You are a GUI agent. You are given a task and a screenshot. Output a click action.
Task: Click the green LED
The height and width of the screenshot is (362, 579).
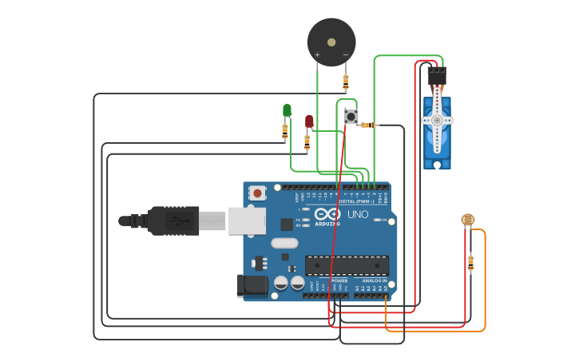point(287,110)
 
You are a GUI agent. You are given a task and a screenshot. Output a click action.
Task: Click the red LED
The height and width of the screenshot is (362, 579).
point(309,121)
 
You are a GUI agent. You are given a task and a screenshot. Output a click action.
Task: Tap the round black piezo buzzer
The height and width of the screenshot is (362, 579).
point(331,42)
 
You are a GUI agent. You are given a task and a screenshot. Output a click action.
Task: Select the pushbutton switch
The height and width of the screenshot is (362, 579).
point(351,117)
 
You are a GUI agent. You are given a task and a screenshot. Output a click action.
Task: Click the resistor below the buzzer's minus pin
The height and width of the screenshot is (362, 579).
point(345,81)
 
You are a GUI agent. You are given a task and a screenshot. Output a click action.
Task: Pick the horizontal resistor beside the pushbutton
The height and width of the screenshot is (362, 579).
point(367,125)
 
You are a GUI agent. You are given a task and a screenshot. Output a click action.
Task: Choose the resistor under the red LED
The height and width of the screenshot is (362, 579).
point(307,142)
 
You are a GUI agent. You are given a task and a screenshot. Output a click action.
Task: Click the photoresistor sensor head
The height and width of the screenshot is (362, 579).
point(467,219)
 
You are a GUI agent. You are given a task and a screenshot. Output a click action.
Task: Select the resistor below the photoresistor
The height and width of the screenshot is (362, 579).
point(470,261)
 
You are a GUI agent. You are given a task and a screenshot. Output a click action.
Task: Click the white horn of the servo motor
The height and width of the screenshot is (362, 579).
point(437,118)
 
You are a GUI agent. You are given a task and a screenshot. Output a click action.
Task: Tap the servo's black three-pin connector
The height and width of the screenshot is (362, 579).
point(436,77)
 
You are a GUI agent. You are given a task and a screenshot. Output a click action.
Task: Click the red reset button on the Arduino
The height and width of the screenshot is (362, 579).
point(257,193)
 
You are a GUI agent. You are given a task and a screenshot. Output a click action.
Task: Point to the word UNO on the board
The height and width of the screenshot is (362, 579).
point(358,214)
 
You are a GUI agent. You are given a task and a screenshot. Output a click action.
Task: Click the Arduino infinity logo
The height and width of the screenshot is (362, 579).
point(327,214)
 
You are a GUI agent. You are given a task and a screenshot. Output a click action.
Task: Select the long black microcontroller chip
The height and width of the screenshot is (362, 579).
point(347,265)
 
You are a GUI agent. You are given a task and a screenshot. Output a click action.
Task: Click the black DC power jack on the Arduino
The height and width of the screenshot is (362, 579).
point(252,286)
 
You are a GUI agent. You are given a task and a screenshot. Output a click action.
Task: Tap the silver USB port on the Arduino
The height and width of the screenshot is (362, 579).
point(247,221)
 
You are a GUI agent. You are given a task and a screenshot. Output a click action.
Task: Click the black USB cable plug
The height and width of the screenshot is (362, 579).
point(173,221)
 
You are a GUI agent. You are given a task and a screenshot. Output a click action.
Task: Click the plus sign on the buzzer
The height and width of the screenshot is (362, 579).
point(317,55)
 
